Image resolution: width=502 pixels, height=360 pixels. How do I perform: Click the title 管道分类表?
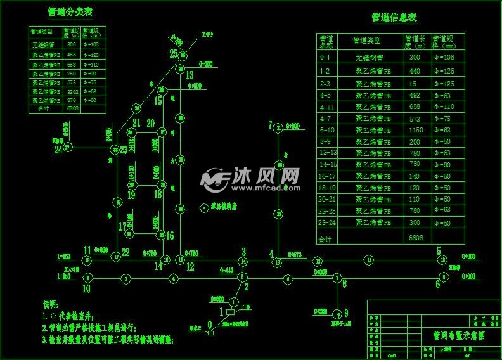click(x=72, y=11)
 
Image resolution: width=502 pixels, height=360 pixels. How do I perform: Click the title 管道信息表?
click(x=394, y=18)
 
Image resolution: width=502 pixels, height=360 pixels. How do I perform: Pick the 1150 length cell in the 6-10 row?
click(x=416, y=129)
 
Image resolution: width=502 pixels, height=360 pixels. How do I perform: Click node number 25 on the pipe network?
click(x=174, y=55)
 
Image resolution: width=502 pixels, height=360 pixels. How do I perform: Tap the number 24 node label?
click(x=58, y=150)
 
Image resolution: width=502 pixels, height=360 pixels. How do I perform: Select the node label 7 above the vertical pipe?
click(x=271, y=124)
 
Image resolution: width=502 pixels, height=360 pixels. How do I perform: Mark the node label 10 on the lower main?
click(x=86, y=288)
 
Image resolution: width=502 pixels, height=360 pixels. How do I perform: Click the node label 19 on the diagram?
click(x=131, y=195)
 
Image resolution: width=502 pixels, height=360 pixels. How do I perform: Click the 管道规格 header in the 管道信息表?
click(x=444, y=42)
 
